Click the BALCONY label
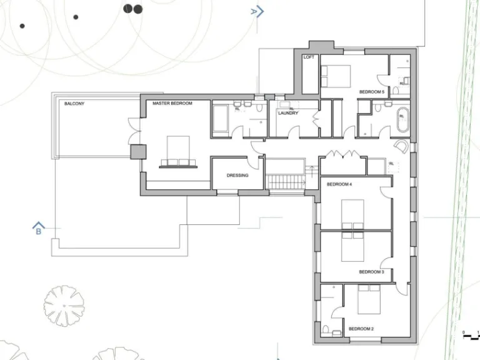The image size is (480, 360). point(74,104)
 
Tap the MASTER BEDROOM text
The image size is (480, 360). point(172,103)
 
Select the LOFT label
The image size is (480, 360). point(309,57)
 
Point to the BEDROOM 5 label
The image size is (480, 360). point(371,92)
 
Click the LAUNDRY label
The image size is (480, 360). point(288,113)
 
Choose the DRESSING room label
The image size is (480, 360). point(237,176)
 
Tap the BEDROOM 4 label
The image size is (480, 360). point(340,184)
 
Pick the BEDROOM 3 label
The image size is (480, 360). point(371,272)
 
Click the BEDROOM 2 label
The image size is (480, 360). point(361,329)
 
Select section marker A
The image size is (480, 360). point(257,11)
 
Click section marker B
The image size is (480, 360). point(39,229)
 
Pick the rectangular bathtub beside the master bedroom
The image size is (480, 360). point(221,119)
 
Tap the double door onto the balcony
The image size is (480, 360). point(133,129)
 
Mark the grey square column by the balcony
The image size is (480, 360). point(137,152)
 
